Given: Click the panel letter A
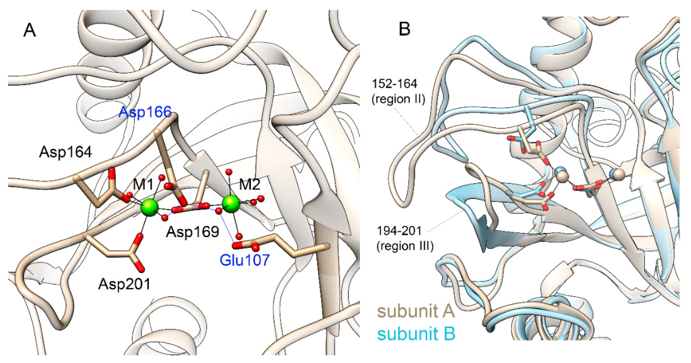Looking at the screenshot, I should coord(30,30).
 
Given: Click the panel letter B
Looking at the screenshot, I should coord(404,29).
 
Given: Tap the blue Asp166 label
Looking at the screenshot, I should coord(145,112).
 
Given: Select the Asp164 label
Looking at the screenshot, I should coord(65,152).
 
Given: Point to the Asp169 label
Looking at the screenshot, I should coord(192,232).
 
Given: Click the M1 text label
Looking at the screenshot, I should coord(143,185).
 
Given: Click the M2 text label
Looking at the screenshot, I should coord(249,185).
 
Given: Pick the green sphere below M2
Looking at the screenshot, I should coord(231,204).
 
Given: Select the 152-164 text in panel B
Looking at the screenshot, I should coord(394,84).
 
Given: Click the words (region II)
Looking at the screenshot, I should coord(398,99).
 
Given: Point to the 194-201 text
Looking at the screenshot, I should coord(399,231).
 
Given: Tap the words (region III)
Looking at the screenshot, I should coord(405,246).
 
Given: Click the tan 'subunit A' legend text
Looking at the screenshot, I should coord(416,311).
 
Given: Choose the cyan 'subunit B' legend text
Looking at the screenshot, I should coord(416,334).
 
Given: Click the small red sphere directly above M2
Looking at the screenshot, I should coord(229,171).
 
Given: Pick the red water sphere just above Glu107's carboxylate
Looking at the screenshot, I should coord(239,236).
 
